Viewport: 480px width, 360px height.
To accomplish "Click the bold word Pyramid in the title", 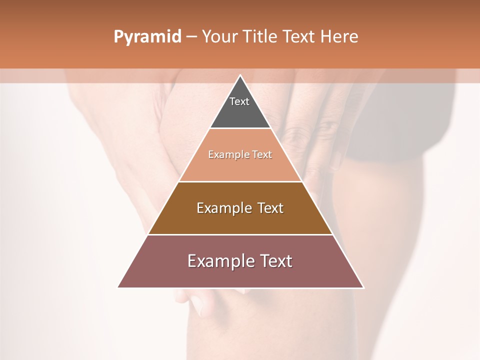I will pos(147,37).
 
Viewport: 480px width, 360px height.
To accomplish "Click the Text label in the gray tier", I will pos(239,101).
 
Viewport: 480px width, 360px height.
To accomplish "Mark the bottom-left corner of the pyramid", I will pos(118,287).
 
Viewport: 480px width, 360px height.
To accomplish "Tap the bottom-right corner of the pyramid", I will pos(363,287).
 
